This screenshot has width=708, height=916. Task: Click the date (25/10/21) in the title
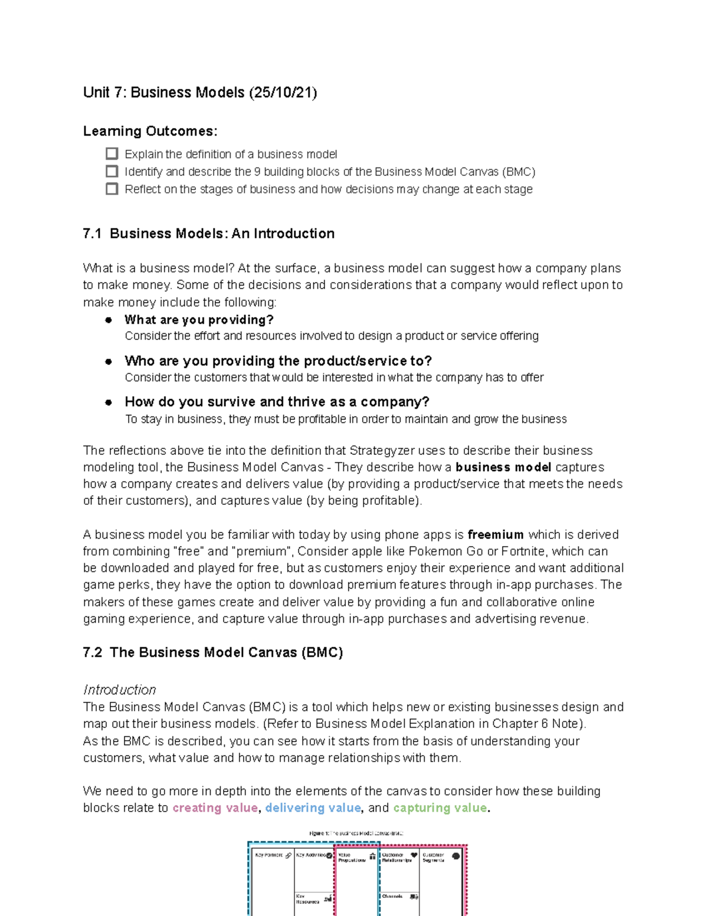[283, 93]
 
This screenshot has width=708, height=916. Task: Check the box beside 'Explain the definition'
[112, 154]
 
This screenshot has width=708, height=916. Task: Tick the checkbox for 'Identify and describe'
[112, 172]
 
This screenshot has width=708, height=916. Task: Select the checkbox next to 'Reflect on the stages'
[112, 189]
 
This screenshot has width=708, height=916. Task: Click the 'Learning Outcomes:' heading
[150, 131]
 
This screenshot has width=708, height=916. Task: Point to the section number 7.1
[93, 234]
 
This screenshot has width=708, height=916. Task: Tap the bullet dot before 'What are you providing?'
[109, 320]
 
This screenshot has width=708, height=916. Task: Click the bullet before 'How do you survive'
[109, 402]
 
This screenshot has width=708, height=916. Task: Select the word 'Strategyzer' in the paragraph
[382, 451]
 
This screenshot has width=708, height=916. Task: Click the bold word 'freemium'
[495, 535]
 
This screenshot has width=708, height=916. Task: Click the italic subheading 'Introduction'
[120, 690]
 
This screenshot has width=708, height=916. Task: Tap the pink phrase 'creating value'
[215, 808]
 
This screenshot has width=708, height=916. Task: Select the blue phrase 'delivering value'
[313, 808]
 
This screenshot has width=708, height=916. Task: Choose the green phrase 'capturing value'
[440, 808]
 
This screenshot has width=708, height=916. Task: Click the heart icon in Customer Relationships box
[414, 855]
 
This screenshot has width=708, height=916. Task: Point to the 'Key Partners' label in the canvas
[268, 855]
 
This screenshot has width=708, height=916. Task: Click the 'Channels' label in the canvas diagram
[392, 896]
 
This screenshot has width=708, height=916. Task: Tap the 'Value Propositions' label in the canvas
[351, 857]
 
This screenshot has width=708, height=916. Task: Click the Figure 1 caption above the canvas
[356, 833]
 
